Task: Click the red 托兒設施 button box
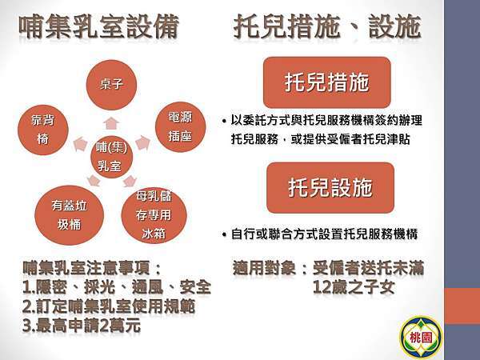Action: coord(329,187)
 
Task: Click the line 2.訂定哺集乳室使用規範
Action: coord(109,306)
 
